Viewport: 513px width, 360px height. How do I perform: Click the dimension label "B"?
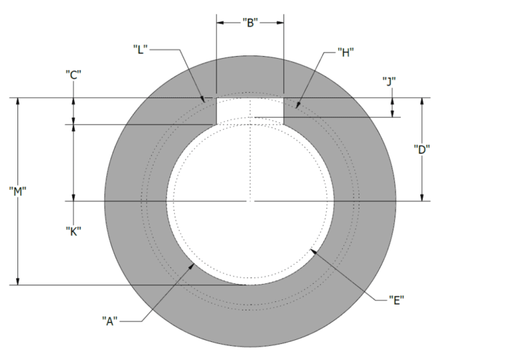pyautogui.click(x=250, y=22)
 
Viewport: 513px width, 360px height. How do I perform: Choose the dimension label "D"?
pyautogui.click(x=421, y=150)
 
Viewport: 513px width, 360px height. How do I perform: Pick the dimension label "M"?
pyautogui.click(x=18, y=191)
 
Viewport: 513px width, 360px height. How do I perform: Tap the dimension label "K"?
pyautogui.click(x=73, y=231)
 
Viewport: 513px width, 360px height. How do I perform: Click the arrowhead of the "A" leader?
pyautogui.click(x=194, y=262)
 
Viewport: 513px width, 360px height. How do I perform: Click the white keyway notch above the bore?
pyautogui.click(x=250, y=108)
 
